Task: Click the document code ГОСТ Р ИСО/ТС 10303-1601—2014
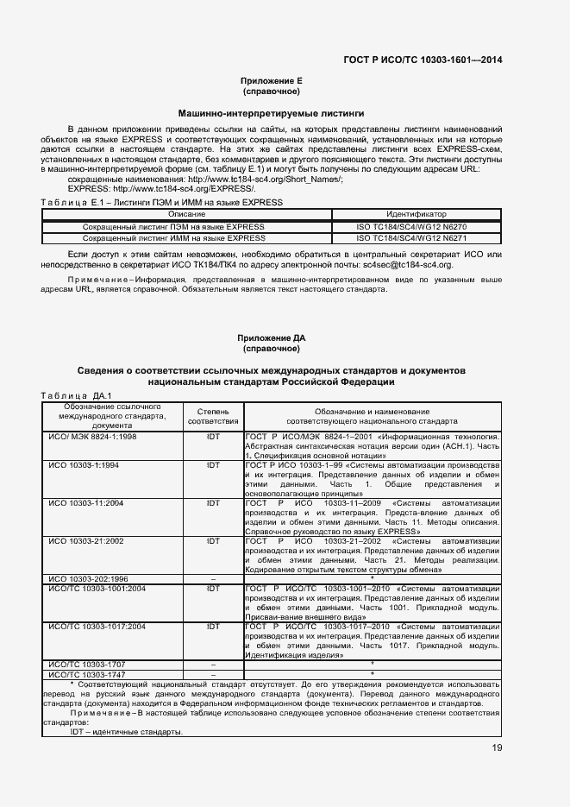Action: (x=423, y=60)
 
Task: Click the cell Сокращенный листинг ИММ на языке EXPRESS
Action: (x=173, y=237)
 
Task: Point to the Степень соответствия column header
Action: (x=212, y=416)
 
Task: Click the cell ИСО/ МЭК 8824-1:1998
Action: (x=92, y=438)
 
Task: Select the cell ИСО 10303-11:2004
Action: (x=86, y=502)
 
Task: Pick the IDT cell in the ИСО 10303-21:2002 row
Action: (x=212, y=540)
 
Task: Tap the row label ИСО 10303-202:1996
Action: (x=89, y=578)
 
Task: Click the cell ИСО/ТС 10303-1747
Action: (x=87, y=673)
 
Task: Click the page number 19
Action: (x=497, y=747)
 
